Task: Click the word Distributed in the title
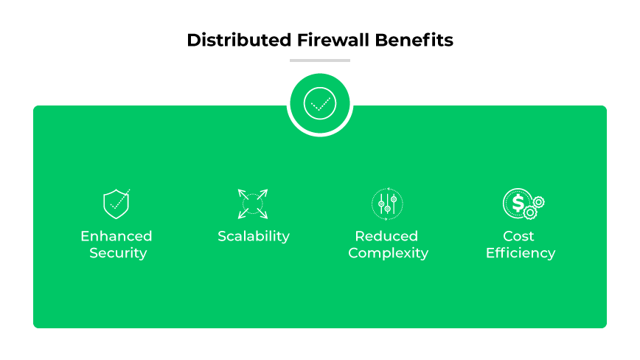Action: tap(228, 40)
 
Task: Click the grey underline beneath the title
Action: tap(320, 60)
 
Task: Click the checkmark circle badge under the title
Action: tap(320, 104)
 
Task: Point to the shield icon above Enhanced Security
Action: tap(116, 204)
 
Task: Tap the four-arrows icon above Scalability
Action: tap(253, 204)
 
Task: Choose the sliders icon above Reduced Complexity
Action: tap(388, 204)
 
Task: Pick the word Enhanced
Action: tap(116, 236)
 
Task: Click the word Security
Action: tap(118, 253)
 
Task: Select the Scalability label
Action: tap(254, 236)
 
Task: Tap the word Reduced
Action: tap(386, 236)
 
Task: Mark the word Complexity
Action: tap(388, 253)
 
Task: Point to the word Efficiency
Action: tap(521, 253)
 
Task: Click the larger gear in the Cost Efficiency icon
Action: tap(530, 212)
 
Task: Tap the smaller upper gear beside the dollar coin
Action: tap(539, 201)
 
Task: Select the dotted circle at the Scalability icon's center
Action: tap(253, 204)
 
